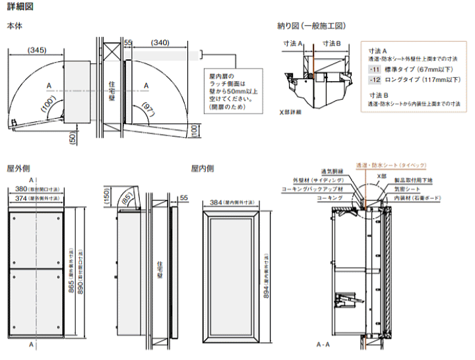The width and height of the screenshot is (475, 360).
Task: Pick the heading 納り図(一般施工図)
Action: click(311, 26)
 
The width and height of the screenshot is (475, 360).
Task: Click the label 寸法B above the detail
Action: click(331, 43)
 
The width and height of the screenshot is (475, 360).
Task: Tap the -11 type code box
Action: click(374, 69)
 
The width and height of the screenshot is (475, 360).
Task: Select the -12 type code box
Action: click(374, 79)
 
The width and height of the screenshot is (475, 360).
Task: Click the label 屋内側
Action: click(202, 168)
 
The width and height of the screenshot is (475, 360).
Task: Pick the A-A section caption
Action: click(323, 345)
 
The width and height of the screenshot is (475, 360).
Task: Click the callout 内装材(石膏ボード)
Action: click(416, 197)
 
